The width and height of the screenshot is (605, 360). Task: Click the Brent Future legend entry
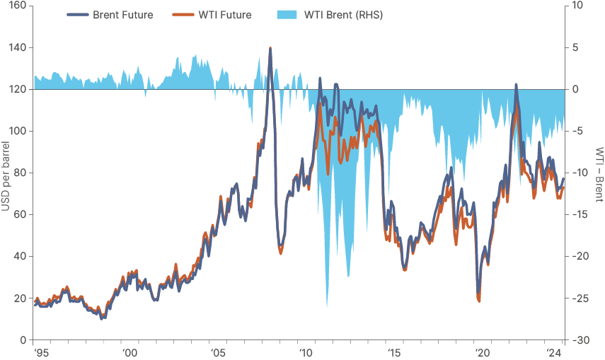point(122,15)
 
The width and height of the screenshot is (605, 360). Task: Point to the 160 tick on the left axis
point(17,6)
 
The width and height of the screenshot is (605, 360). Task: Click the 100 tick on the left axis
point(17,132)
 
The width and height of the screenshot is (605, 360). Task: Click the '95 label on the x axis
point(40,352)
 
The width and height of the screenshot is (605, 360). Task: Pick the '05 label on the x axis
point(218,352)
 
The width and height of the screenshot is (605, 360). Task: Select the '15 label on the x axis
point(395,352)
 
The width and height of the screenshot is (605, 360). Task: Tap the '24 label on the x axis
point(554,352)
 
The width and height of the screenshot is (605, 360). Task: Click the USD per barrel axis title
point(6,173)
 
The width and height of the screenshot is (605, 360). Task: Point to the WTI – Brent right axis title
point(599,173)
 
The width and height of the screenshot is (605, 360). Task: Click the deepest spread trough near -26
point(326,306)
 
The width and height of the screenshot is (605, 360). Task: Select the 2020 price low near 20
point(479,301)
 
